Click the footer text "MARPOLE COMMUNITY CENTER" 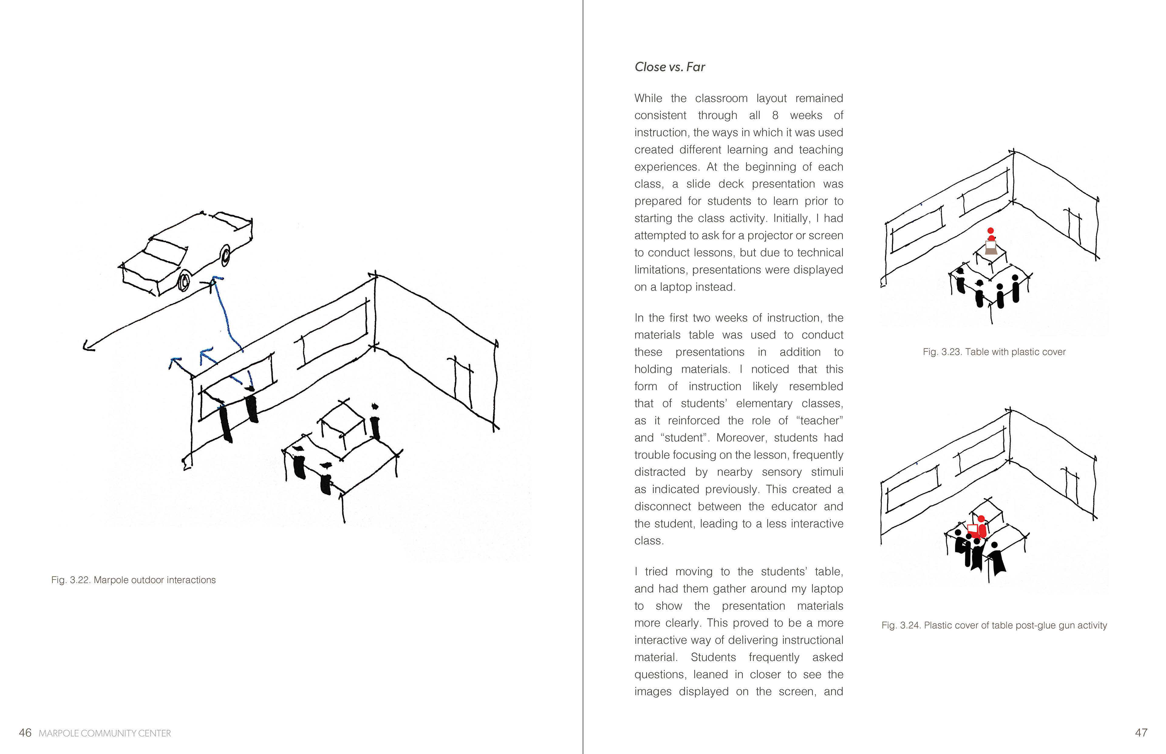pyautogui.click(x=105, y=733)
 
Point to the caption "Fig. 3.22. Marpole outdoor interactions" pyautogui.click(x=133, y=580)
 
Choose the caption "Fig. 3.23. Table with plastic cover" pyautogui.click(x=994, y=352)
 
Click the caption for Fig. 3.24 pyautogui.click(x=994, y=625)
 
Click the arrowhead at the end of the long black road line pyautogui.click(x=88, y=347)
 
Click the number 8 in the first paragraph pyautogui.click(x=775, y=116)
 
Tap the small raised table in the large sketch pyautogui.click(x=342, y=424)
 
